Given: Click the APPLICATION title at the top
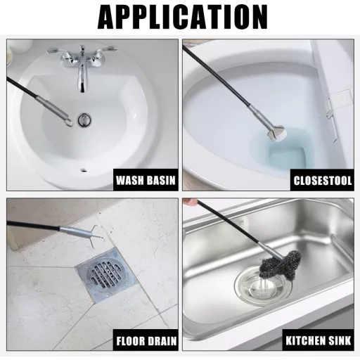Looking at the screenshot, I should point(180,17).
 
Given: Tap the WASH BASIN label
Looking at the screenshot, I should point(146,181).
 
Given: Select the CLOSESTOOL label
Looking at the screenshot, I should point(322,181).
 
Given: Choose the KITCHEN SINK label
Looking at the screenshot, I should point(317,342).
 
